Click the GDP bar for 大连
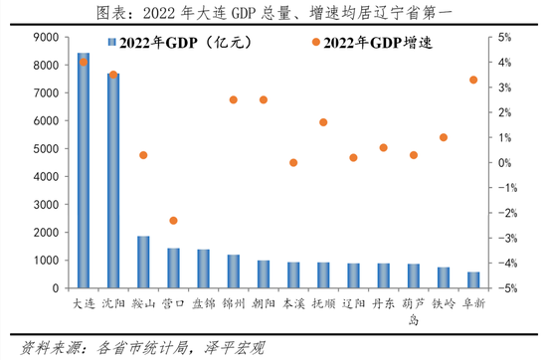tap(84, 170)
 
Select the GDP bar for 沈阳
tap(113, 180)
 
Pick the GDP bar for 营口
tap(173, 268)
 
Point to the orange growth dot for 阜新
tap(473, 80)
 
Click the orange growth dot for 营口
tap(173, 221)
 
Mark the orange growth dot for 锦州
tap(234, 99)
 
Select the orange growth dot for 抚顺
tap(323, 122)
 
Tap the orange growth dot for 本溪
tap(293, 162)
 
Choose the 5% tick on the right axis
tap(504, 37)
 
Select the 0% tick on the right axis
tap(504, 163)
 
